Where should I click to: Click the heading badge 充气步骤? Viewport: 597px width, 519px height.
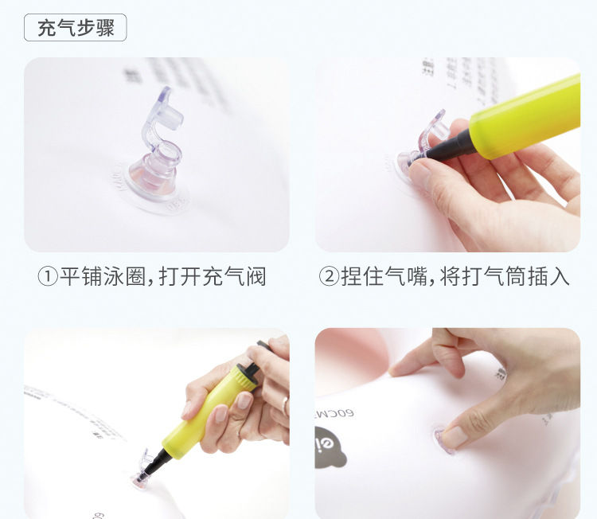click(76, 29)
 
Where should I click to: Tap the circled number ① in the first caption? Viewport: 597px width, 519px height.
click(49, 277)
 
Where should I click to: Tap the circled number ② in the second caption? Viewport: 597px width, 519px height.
click(330, 277)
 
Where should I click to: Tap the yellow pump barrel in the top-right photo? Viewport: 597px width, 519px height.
click(525, 115)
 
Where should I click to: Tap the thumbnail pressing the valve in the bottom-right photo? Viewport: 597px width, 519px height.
click(455, 436)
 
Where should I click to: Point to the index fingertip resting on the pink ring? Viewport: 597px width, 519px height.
click(400, 369)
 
